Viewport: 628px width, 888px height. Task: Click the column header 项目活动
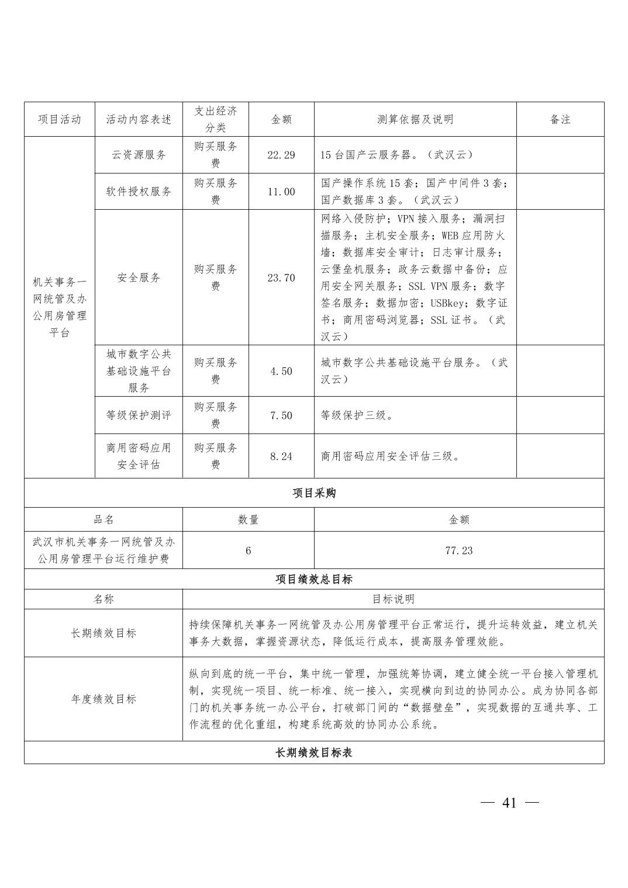59,119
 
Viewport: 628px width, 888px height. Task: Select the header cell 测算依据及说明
415,119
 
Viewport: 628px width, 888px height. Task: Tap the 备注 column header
560,119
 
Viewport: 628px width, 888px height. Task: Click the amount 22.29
281,155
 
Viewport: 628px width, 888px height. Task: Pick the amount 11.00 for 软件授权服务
281,192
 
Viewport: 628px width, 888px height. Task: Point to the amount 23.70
281,277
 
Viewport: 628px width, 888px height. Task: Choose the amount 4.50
281,371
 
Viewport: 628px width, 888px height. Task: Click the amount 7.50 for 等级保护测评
281,415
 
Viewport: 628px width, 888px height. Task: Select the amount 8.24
281,456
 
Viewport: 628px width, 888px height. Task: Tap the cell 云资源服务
139,155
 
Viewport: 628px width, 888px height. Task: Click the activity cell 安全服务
139,277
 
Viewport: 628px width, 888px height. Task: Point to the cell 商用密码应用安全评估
139,456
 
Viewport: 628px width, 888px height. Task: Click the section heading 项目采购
314,493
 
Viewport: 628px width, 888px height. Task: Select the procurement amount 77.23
458,550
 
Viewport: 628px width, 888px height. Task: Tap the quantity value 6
248,550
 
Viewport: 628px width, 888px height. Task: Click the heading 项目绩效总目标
314,579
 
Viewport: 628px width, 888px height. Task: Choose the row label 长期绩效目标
103,633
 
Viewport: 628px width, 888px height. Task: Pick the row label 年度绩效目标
103,699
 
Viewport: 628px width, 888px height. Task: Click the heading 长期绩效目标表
314,752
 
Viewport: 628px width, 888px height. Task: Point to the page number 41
509,803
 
